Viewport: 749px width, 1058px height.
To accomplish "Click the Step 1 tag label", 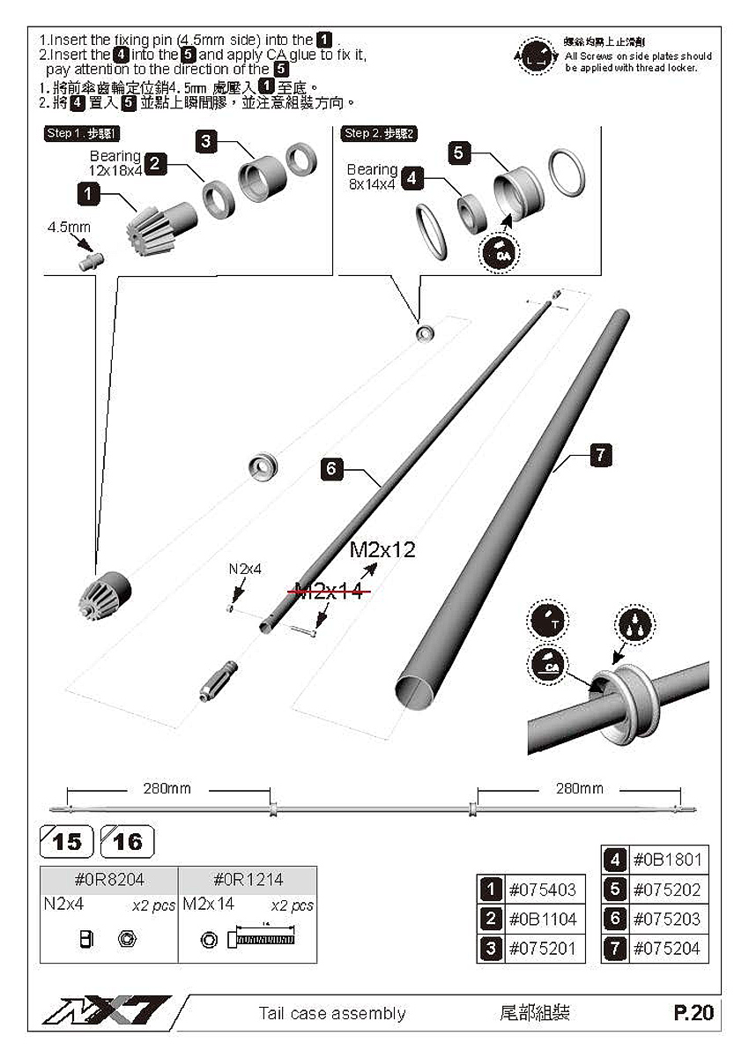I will point(81,133).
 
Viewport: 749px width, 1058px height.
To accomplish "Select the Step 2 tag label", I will point(380,133).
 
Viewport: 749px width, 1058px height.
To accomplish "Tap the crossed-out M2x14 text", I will point(328,591).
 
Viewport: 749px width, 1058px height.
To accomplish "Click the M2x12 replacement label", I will point(382,549).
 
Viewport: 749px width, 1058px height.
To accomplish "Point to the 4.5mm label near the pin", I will point(69,227).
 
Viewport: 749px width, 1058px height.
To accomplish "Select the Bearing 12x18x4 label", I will point(116,163).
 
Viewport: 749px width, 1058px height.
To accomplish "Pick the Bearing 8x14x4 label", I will point(372,175).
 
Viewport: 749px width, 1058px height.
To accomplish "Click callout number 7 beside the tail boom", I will point(599,455).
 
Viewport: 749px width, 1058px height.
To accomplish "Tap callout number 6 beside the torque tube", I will point(330,468).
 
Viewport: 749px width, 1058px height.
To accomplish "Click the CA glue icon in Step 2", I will point(499,254).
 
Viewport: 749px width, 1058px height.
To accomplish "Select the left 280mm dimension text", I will point(167,788).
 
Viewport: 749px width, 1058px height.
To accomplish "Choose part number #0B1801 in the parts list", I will point(666,860).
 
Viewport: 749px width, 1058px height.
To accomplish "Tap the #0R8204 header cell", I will point(109,879).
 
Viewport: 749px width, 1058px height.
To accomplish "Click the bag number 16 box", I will point(128,842).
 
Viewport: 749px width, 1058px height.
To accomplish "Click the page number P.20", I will point(693,1013).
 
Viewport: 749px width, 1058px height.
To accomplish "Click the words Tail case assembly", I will point(332,1014).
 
